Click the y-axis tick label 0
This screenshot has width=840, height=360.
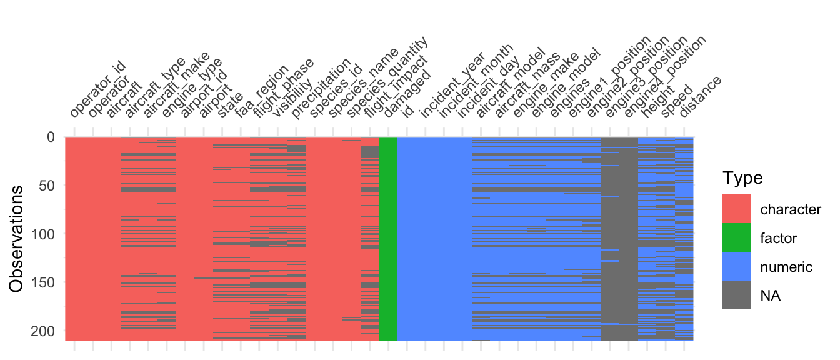click(50, 136)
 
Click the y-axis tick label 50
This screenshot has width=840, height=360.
click(46, 185)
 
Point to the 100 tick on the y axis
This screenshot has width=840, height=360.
click(42, 234)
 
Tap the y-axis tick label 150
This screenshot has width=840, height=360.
click(42, 282)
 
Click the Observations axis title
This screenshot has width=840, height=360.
click(19, 237)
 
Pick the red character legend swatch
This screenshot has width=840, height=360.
click(737, 209)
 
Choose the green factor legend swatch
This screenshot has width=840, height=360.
click(737, 237)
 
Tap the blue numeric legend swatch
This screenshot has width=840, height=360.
click(737, 266)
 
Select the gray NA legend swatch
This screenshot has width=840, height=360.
click(737, 295)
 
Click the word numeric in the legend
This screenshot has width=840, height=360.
click(786, 267)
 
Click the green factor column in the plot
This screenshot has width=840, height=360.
click(388, 237)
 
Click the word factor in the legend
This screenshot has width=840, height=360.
click(779, 238)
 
